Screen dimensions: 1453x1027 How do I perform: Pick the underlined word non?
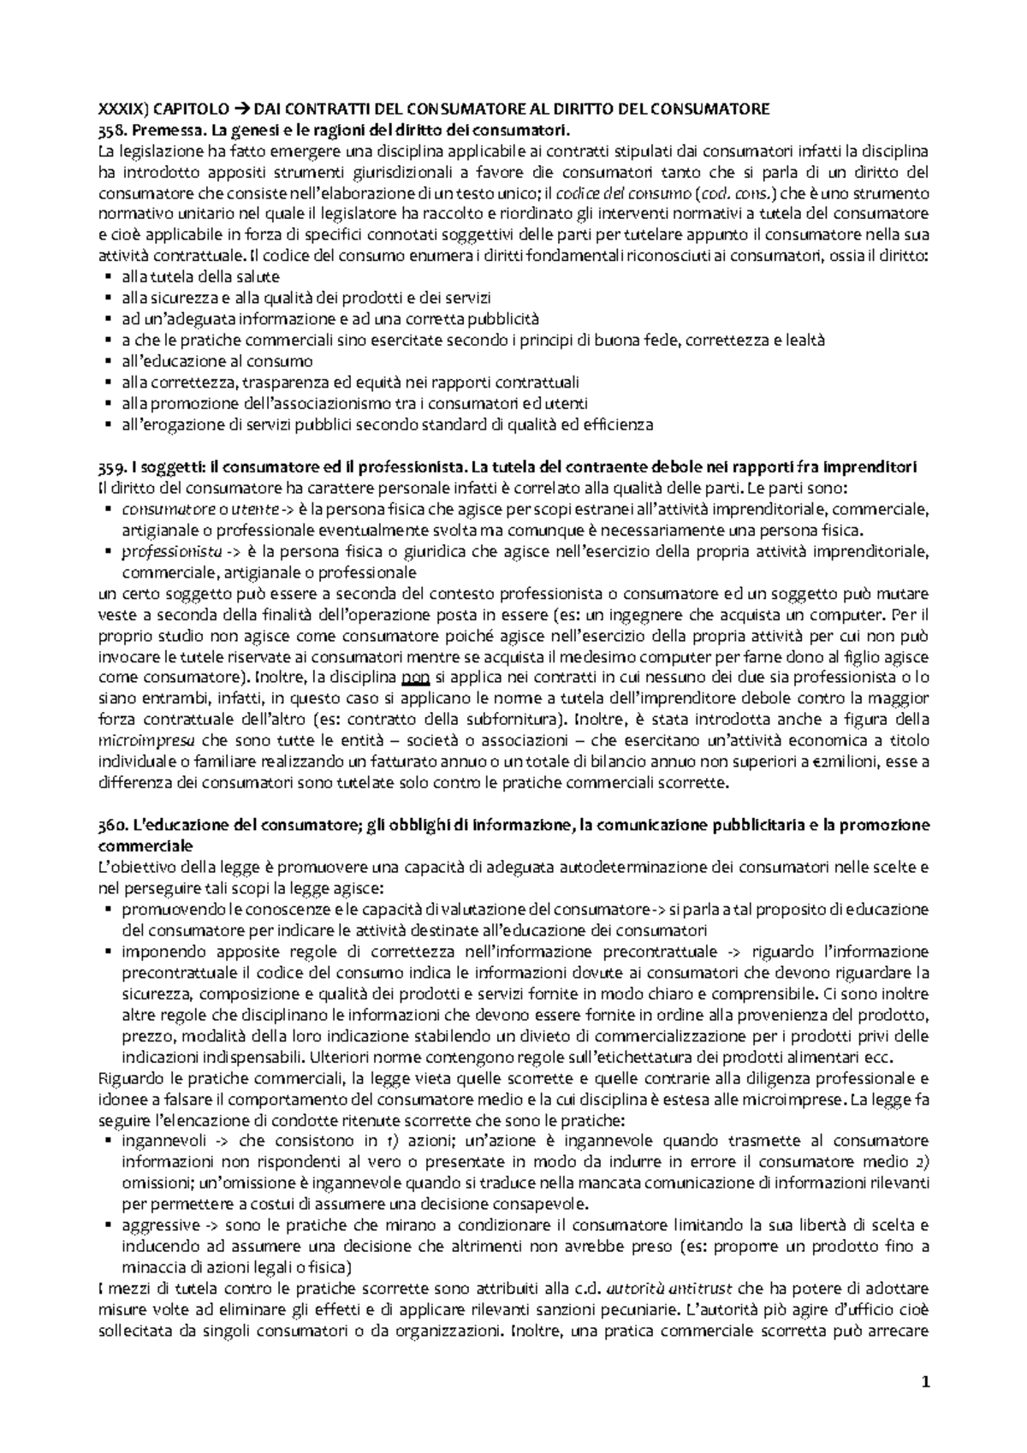415,678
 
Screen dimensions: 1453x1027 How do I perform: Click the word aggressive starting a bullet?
161,1225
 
